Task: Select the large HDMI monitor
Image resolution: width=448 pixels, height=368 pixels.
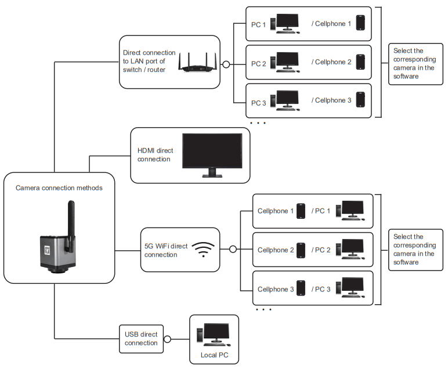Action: (x=212, y=154)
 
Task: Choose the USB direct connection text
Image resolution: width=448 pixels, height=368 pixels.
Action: (x=141, y=338)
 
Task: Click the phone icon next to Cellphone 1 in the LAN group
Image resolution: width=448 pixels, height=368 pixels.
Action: (x=360, y=23)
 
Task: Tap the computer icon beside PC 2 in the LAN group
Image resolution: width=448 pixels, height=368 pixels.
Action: (x=287, y=62)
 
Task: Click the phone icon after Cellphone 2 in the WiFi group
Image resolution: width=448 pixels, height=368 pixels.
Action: (x=301, y=250)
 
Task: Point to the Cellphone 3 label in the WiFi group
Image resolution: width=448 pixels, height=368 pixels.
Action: (x=276, y=289)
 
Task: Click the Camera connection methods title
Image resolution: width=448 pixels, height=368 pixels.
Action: (x=59, y=187)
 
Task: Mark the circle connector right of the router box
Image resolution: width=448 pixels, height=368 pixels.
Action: (x=226, y=64)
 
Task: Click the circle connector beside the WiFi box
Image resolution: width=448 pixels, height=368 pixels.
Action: (x=233, y=250)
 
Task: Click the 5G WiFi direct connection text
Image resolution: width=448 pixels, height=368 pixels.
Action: (x=166, y=250)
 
